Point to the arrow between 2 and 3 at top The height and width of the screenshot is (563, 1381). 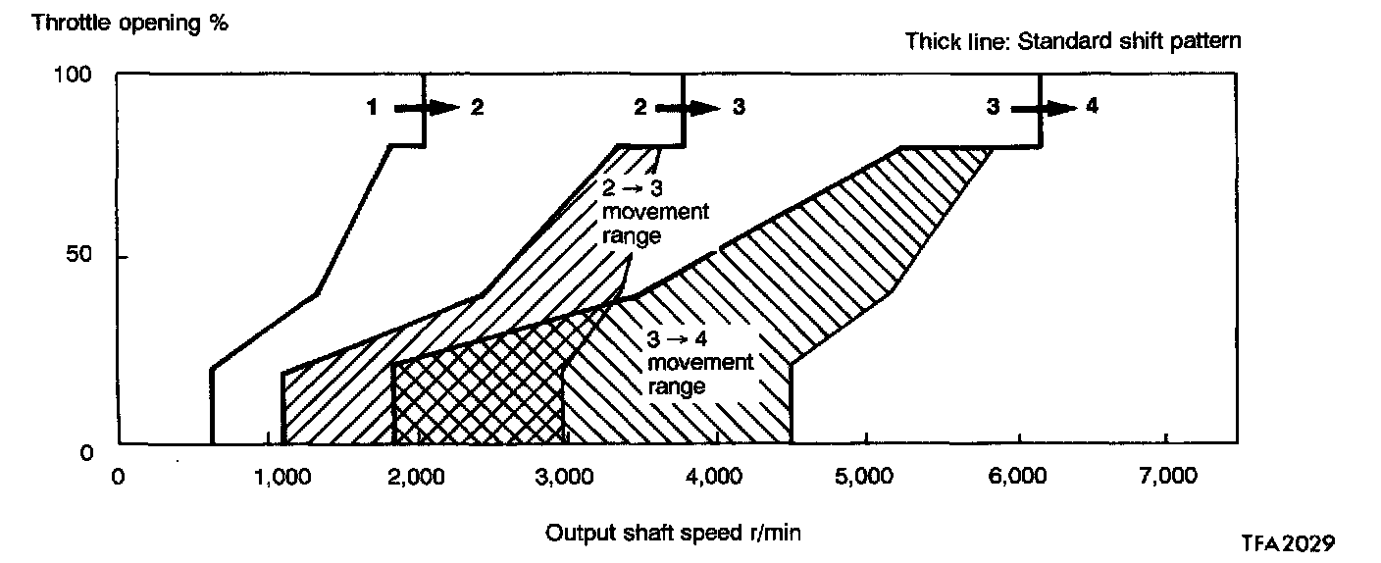point(688,109)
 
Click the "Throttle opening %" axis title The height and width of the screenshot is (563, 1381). point(130,23)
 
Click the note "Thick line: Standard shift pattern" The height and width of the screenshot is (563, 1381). point(1073,41)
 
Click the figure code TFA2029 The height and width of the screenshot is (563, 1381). point(1287,542)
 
